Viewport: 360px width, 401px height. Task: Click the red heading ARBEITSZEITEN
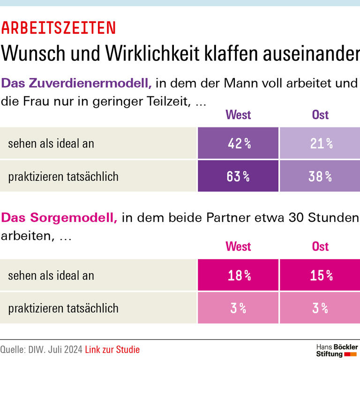(58, 28)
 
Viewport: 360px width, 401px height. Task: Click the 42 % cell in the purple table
(238, 143)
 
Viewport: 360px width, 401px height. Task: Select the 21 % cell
(321, 143)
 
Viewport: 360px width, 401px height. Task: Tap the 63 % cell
(238, 176)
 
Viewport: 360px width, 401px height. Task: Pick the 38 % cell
(321, 176)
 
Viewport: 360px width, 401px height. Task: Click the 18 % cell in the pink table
(238, 275)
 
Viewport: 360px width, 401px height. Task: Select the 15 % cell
(321, 275)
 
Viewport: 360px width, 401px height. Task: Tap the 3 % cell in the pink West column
(238, 308)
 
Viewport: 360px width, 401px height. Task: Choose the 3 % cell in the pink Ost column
(321, 308)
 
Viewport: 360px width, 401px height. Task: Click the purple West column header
(238, 115)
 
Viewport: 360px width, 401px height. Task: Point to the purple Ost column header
(320, 115)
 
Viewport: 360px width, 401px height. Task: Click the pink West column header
(238, 246)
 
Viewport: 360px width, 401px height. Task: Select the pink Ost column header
(320, 246)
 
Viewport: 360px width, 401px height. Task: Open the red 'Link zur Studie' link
(112, 349)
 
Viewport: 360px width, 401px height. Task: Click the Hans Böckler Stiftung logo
(337, 350)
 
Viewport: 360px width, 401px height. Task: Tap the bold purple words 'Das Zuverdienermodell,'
(76, 83)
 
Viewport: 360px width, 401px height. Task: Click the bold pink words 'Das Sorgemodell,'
(59, 218)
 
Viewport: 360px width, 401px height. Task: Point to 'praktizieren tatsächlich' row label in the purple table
(63, 177)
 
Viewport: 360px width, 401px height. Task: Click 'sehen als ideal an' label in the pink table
(51, 276)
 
